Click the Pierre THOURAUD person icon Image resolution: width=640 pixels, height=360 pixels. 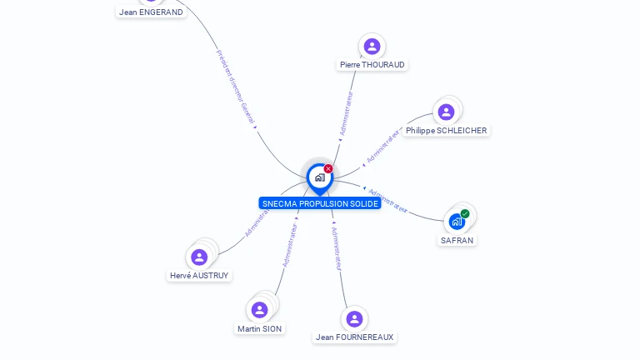(372, 46)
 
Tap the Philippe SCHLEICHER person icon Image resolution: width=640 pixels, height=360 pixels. (446, 112)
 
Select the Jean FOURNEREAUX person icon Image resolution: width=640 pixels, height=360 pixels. (354, 318)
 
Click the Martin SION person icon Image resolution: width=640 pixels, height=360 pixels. (260, 310)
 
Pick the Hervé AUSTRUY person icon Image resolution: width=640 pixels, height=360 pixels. (199, 257)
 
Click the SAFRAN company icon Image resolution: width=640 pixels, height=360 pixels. (456, 221)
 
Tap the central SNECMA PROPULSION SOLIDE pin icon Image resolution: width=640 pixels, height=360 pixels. (319, 177)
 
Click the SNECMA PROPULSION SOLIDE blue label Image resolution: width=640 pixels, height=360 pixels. (320, 203)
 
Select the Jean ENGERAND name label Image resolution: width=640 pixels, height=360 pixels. (151, 12)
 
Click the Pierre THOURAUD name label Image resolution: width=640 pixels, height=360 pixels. (372, 65)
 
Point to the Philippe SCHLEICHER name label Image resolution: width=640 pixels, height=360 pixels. (446, 131)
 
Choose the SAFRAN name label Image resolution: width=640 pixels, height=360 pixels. (457, 241)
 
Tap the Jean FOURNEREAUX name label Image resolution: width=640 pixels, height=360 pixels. (354, 337)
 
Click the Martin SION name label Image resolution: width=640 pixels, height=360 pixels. (260, 329)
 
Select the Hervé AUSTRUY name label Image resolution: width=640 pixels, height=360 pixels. (199, 276)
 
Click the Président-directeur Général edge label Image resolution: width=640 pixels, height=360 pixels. (235, 87)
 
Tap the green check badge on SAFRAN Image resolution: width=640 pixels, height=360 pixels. (465, 214)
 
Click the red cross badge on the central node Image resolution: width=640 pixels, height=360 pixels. (328, 168)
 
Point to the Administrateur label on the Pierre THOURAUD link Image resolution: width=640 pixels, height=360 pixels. (346, 113)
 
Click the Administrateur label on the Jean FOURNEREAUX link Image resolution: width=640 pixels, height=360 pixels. (336, 248)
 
